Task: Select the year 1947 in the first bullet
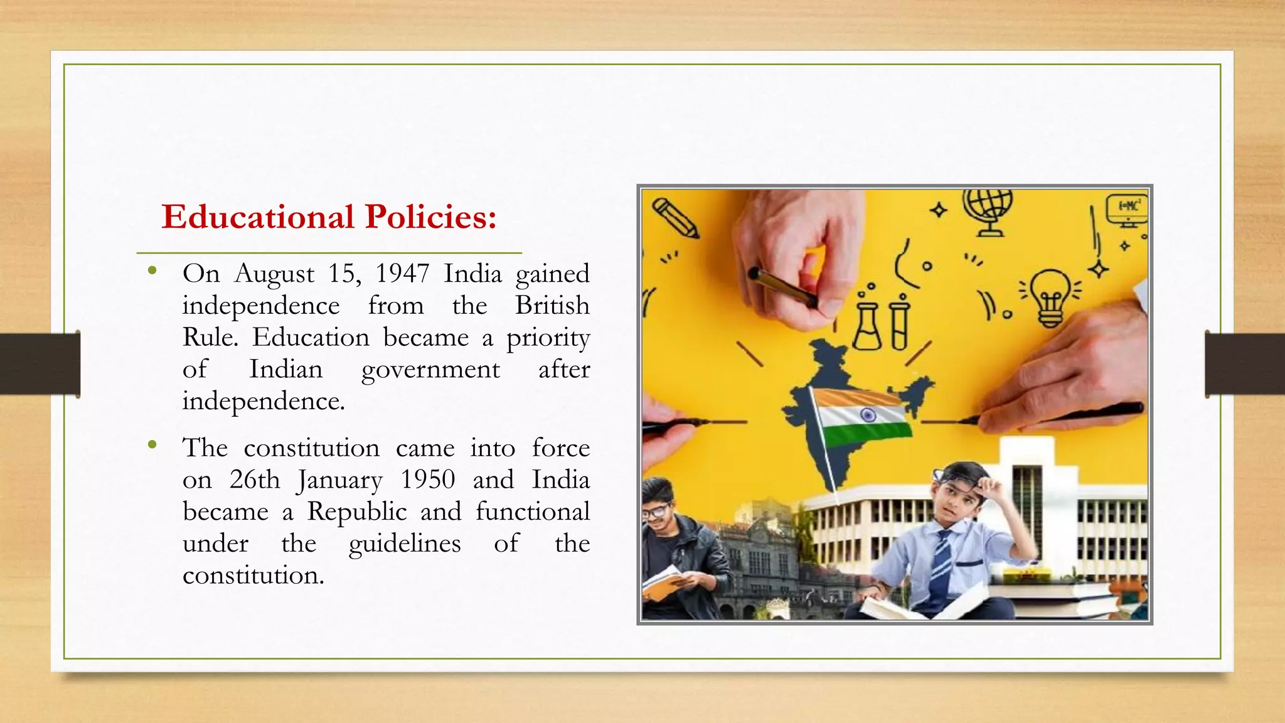[x=402, y=274]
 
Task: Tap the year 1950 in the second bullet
[x=428, y=479]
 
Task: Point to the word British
[x=552, y=306]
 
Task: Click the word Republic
[x=356, y=511]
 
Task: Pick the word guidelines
[x=405, y=544]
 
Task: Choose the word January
[x=339, y=481]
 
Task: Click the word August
[x=274, y=274]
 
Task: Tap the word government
[x=430, y=370]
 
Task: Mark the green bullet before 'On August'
[x=152, y=271]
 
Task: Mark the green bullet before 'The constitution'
[x=152, y=445]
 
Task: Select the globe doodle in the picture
[x=988, y=211]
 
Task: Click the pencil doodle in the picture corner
[x=675, y=217]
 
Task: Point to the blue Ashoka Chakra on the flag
[x=868, y=415]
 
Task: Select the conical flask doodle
[x=868, y=326]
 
